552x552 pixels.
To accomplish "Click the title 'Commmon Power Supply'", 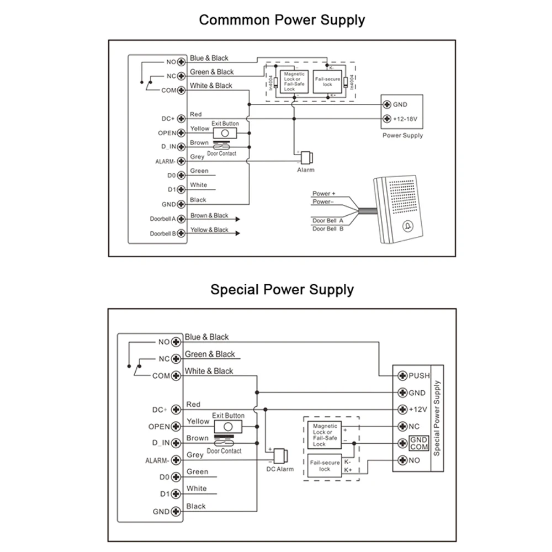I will (282, 20).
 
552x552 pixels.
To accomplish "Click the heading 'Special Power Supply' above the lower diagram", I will (282, 289).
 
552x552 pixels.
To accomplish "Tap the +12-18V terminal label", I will (405, 119).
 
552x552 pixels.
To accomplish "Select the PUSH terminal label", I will (419, 376).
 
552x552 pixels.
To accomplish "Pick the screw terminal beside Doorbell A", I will (180, 219).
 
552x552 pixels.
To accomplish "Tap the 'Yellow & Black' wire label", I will (209, 230).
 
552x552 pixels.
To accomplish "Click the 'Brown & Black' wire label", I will (209, 216).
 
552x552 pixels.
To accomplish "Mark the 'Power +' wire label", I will (323, 194).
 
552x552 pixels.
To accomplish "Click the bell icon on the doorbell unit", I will (407, 226).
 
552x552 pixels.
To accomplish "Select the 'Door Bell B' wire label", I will (327, 229).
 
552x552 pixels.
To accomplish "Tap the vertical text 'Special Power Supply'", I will (437, 417).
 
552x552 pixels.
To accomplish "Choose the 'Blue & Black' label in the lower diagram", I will (207, 337).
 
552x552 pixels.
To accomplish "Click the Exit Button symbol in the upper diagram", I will (225, 134).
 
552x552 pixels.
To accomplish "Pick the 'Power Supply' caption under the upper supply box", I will (402, 135).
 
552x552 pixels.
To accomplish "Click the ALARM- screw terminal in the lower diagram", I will (176, 460).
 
